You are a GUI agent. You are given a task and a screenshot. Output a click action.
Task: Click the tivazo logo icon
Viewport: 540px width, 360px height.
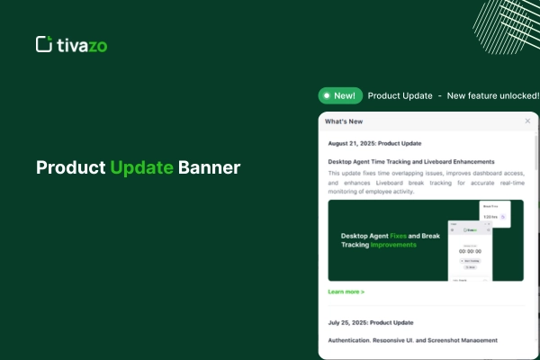tap(42, 44)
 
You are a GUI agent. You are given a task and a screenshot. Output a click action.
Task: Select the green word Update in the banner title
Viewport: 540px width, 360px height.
tap(141, 168)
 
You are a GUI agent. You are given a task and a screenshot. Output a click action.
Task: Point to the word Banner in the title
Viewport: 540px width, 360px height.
tap(209, 168)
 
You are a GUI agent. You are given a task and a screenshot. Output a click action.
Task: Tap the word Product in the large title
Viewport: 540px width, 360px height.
tap(70, 168)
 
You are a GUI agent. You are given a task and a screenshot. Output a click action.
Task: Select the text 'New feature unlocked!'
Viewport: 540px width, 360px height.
tap(493, 95)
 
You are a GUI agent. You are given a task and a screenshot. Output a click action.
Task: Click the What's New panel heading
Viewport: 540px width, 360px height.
tap(344, 121)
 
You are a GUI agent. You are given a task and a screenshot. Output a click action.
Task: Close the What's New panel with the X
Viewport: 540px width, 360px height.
tap(527, 121)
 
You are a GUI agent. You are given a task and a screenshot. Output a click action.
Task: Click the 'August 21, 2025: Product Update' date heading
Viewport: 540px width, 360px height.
tap(374, 143)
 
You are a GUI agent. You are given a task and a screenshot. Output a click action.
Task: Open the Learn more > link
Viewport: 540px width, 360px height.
tap(346, 292)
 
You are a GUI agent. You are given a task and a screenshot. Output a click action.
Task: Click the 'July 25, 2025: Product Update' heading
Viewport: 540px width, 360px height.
tap(370, 322)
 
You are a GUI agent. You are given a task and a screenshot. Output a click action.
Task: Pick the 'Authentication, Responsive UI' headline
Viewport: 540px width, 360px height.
tap(412, 340)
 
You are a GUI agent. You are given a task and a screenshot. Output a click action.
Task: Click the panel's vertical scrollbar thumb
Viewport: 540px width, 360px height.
tap(537, 153)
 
